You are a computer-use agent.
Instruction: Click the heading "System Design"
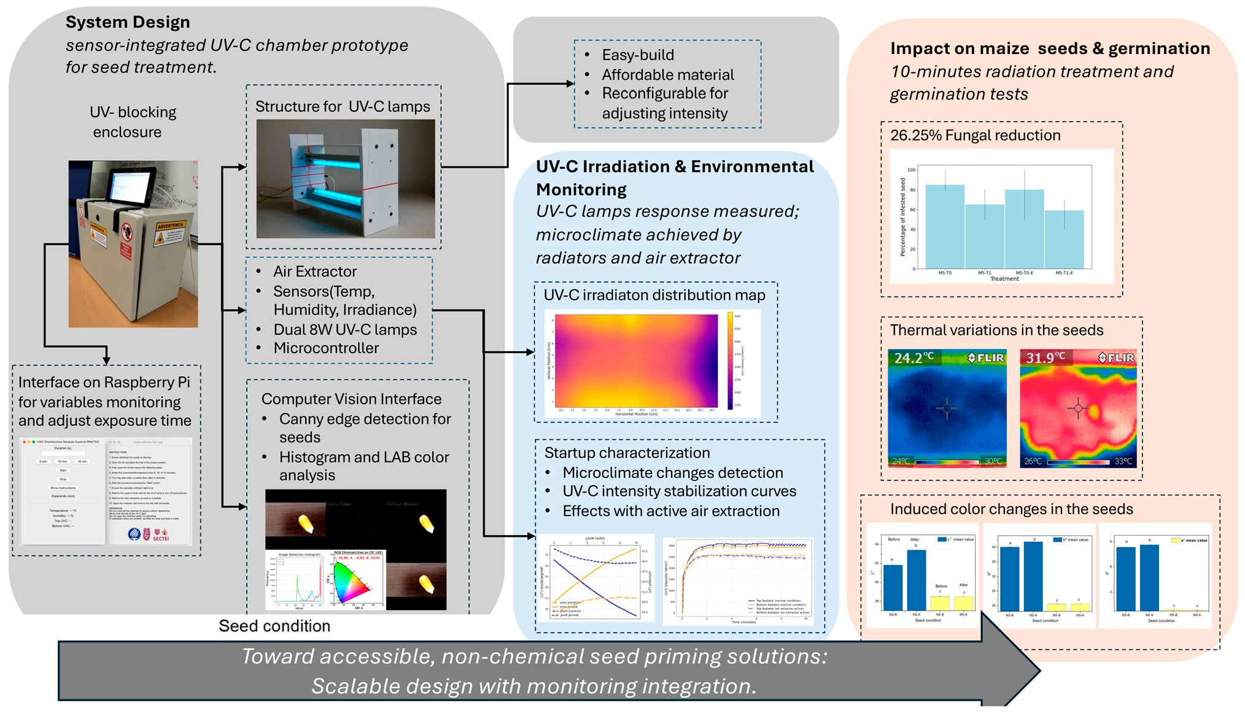(x=128, y=22)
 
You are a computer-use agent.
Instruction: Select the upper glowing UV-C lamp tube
(x=344, y=160)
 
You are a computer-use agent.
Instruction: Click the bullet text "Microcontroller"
(x=326, y=348)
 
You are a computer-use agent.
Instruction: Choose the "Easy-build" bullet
(x=638, y=55)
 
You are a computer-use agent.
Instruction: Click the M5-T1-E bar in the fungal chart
(x=1064, y=239)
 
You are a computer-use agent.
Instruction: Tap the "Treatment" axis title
(x=1004, y=279)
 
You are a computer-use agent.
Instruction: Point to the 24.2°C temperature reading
(x=913, y=357)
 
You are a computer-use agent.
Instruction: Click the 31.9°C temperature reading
(x=1045, y=357)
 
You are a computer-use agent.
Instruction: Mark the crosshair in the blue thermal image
(x=947, y=408)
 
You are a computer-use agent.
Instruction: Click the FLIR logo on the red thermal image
(x=1117, y=357)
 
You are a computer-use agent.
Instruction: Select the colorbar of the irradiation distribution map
(x=730, y=361)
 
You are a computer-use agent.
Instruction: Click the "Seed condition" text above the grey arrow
(x=274, y=626)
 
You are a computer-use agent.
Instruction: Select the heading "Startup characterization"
(x=627, y=453)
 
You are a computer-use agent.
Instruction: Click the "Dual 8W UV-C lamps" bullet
(x=345, y=330)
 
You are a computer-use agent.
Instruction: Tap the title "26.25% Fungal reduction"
(x=975, y=135)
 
